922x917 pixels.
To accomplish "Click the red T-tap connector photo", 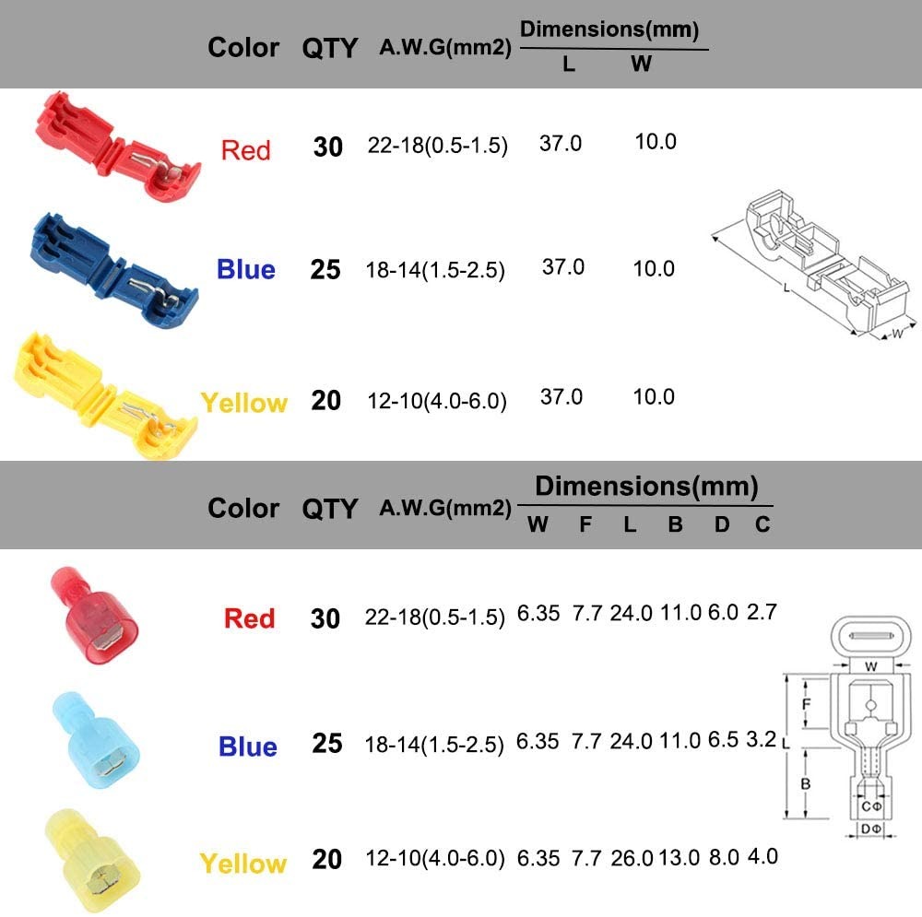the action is [x=118, y=147].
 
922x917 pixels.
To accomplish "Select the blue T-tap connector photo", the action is [x=113, y=271].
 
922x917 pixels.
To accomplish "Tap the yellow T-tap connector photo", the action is [x=106, y=395].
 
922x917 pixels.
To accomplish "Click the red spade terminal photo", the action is [x=94, y=615].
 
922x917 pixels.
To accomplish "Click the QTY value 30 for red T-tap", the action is [x=327, y=147].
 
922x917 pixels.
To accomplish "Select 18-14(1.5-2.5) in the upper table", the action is [x=435, y=270].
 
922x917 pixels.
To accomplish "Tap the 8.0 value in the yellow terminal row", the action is [x=723, y=857].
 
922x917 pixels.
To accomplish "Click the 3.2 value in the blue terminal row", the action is [x=761, y=739].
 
